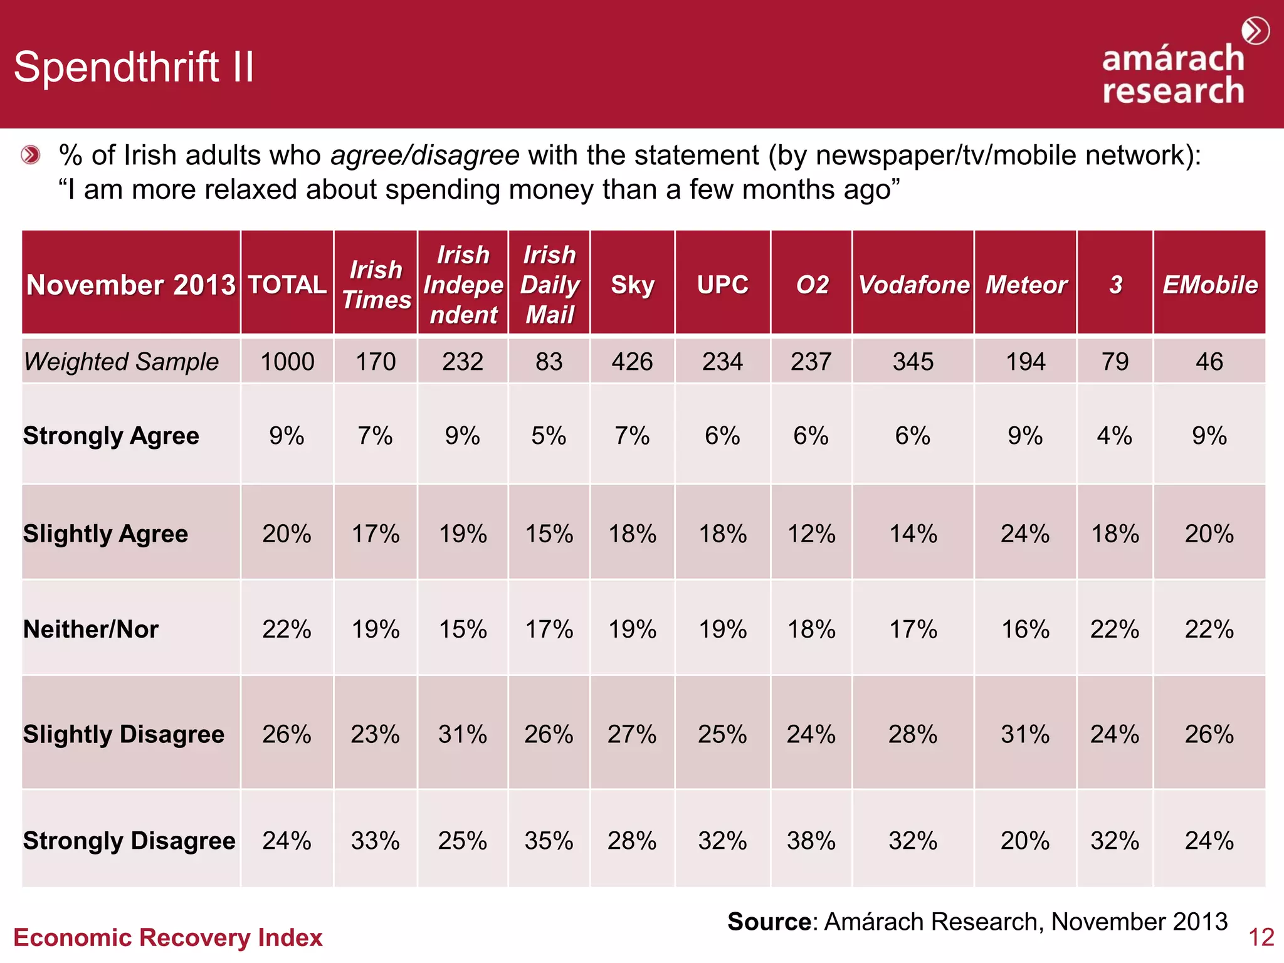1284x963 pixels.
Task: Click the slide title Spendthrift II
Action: click(134, 67)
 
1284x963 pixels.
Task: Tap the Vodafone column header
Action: click(913, 285)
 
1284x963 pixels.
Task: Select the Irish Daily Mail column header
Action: click(549, 285)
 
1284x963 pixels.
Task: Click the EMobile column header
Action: click(1209, 285)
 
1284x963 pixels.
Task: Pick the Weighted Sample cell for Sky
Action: click(632, 362)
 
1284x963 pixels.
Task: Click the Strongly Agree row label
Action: click(111, 436)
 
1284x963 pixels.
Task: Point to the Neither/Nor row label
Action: click(91, 629)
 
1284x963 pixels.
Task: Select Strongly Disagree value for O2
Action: click(811, 841)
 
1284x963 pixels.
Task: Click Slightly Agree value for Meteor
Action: click(1025, 534)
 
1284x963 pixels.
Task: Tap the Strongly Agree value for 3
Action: click(1114, 436)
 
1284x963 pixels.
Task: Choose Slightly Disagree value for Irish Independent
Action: click(463, 734)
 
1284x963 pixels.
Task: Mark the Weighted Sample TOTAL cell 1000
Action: click(287, 362)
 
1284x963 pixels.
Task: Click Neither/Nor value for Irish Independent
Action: click(463, 629)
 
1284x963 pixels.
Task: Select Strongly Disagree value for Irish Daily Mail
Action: click(549, 841)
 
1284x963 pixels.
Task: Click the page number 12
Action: click(1261, 938)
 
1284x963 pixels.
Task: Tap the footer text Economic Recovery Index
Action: click(167, 938)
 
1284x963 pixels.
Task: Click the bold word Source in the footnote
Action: click(769, 922)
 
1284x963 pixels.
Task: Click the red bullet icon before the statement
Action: click(30, 155)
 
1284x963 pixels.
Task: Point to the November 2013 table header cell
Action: click(131, 285)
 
